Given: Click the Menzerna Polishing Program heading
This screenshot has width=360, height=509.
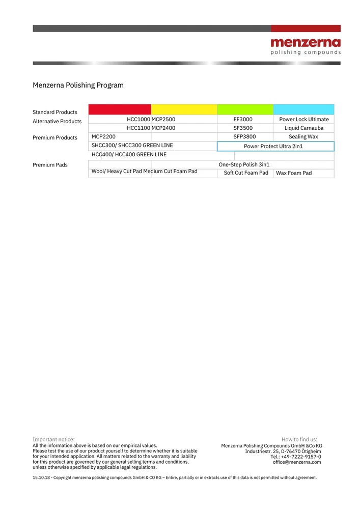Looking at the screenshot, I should click(78, 85).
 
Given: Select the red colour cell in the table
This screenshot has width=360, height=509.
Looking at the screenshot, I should click(120, 109).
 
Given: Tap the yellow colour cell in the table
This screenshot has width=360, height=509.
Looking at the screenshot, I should click(184, 109).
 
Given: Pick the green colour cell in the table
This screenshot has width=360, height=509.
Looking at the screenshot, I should click(245, 109).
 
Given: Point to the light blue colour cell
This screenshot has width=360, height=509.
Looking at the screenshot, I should click(303, 109).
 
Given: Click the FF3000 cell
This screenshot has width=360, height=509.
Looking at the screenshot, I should click(243, 120).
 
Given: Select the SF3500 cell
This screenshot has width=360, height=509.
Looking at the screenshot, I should click(243, 128).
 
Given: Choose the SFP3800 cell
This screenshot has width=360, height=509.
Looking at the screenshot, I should click(244, 137).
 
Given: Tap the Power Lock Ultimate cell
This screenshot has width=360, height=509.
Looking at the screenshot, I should click(304, 120).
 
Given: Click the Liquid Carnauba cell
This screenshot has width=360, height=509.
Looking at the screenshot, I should click(304, 128).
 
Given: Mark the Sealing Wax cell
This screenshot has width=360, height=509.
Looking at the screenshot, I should click(303, 137).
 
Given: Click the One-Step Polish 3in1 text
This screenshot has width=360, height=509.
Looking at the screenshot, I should click(244, 165).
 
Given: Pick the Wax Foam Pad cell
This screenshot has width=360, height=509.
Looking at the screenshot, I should click(294, 174).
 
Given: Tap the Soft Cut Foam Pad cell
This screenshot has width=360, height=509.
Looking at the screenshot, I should click(246, 173).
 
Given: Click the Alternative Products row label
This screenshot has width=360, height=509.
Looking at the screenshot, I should click(57, 122).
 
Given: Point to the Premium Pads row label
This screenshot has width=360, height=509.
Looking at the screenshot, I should click(50, 165).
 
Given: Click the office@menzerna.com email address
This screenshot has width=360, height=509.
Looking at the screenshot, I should click(297, 462).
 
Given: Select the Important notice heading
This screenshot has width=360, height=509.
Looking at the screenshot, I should click(53, 439).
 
